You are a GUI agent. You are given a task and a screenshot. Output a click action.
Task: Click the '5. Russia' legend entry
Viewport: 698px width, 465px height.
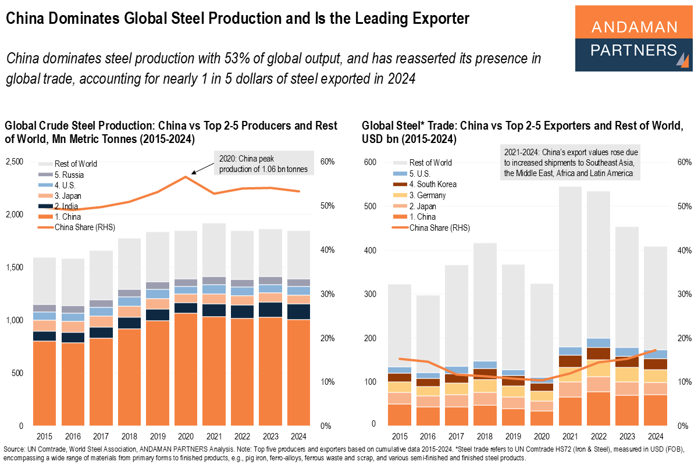pos(70,174)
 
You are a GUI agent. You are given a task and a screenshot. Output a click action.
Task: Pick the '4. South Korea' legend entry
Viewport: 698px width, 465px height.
pos(433,184)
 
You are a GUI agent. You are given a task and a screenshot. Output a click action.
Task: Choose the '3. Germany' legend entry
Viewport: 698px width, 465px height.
pos(428,195)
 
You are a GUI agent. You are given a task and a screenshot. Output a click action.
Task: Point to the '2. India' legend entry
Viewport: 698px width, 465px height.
pos(67,206)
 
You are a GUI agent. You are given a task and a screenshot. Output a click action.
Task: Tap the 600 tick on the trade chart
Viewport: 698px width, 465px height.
pos(371,162)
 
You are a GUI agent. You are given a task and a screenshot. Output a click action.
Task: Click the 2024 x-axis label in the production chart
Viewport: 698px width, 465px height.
pos(300,436)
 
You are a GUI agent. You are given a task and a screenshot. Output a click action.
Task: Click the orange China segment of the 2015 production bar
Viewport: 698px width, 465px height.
pos(44,384)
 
